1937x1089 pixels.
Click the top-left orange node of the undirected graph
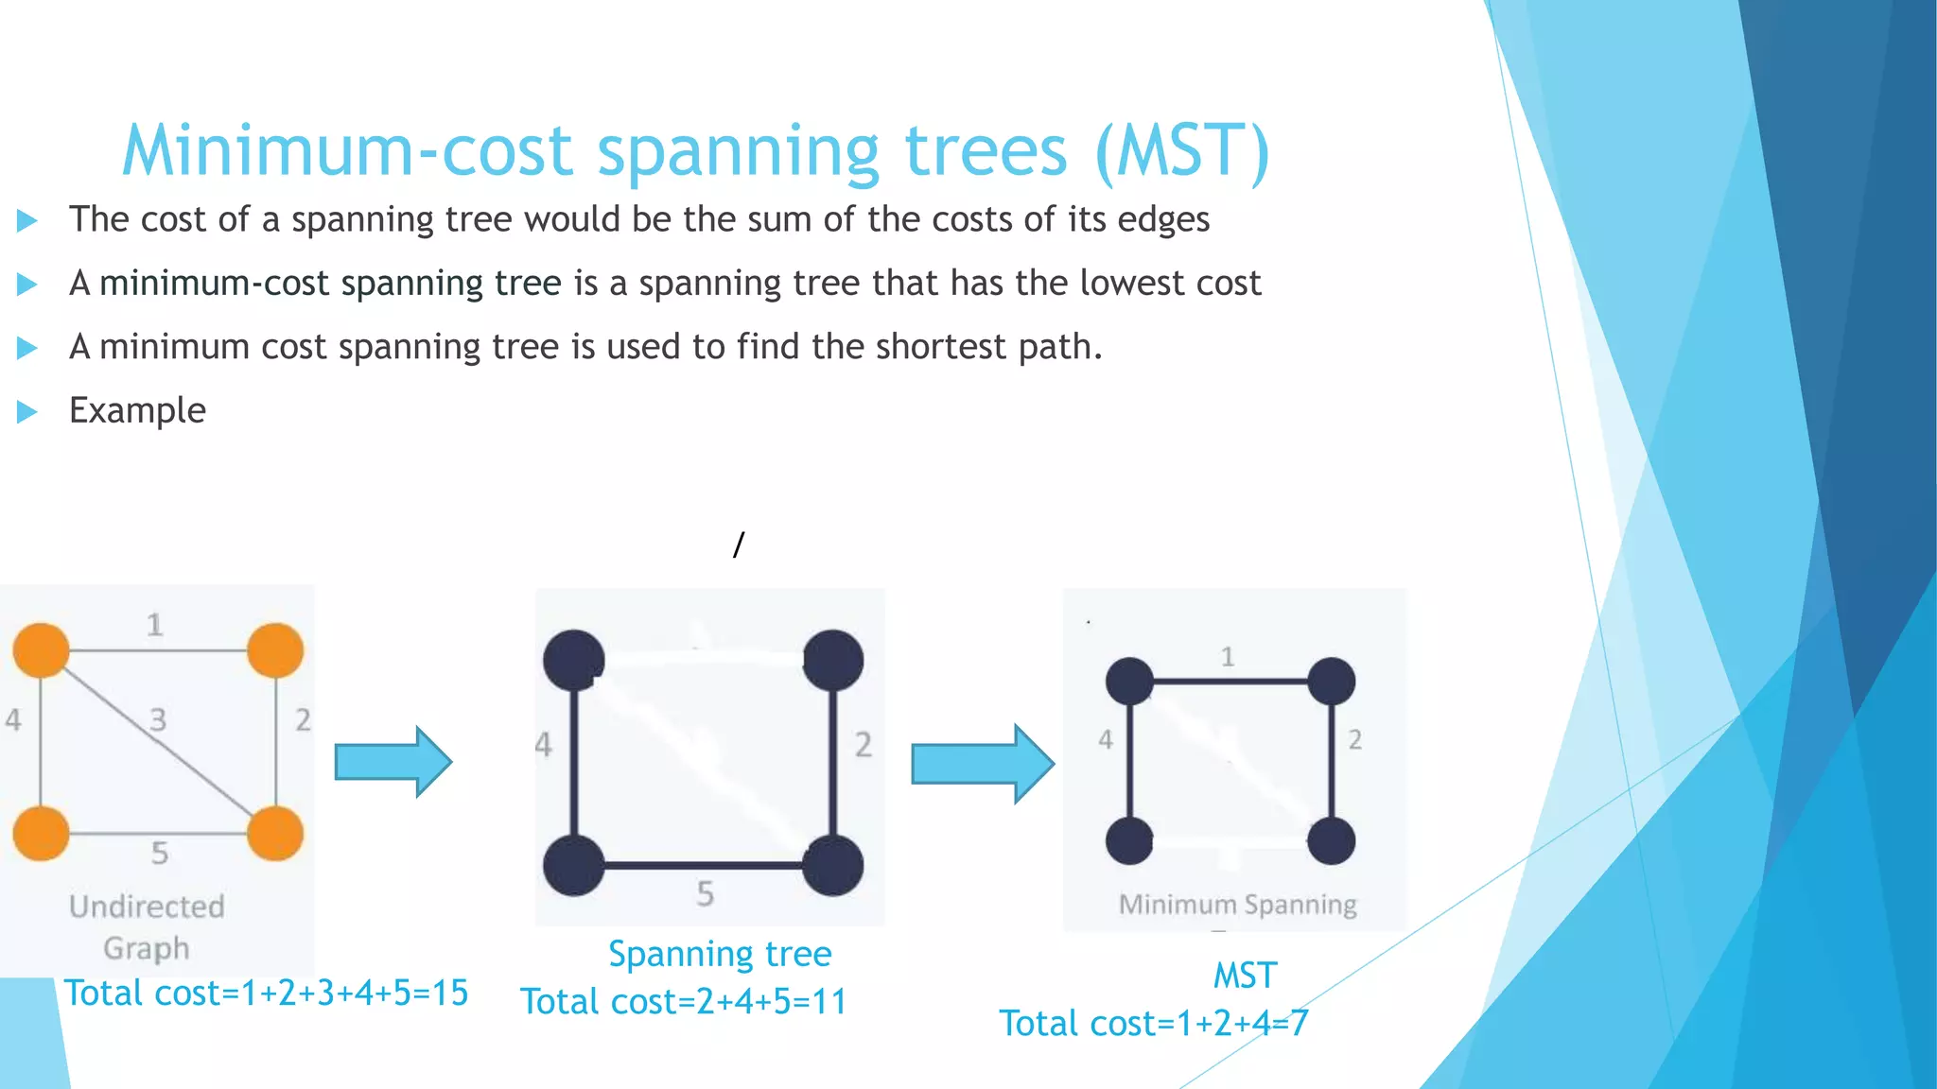point(41,650)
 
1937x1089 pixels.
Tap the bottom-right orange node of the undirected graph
point(275,833)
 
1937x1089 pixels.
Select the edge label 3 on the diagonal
point(158,720)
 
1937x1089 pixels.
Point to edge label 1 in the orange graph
point(155,625)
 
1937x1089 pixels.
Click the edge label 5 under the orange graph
point(160,854)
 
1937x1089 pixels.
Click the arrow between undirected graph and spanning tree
point(393,762)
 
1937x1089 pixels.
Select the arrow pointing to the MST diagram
point(981,764)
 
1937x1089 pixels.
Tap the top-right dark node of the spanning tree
point(832,660)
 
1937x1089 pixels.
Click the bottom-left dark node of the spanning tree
point(573,865)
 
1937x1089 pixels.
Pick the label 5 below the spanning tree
point(706,893)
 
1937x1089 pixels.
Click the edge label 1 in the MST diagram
point(1228,657)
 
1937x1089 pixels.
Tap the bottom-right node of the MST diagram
point(1331,840)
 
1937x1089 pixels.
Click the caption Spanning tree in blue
point(720,954)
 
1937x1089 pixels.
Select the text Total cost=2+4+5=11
point(684,1001)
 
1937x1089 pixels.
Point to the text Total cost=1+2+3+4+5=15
point(266,993)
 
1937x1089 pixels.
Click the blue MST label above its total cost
point(1245,976)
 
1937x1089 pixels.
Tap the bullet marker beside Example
point(27,411)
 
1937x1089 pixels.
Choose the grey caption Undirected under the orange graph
point(147,907)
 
